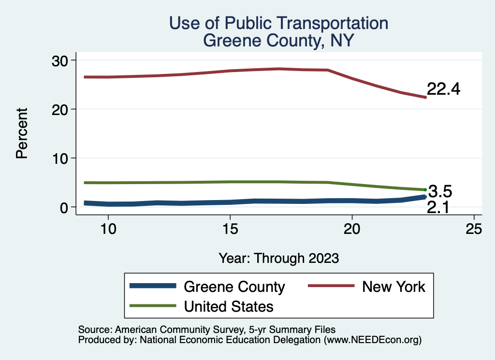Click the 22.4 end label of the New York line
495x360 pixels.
coord(443,89)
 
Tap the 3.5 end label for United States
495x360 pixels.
coord(440,192)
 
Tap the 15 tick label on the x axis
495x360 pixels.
coord(230,229)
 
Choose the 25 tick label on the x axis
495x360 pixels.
coord(474,229)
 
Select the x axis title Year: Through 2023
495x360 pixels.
coord(279,258)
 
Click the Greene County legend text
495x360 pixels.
coord(234,287)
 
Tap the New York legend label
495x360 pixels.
coord(394,287)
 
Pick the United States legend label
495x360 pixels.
coord(229,306)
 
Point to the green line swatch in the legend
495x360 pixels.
coord(153,306)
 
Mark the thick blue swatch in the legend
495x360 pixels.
coord(153,287)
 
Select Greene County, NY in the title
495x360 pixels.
coord(279,41)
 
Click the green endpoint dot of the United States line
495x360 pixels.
coord(425,190)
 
